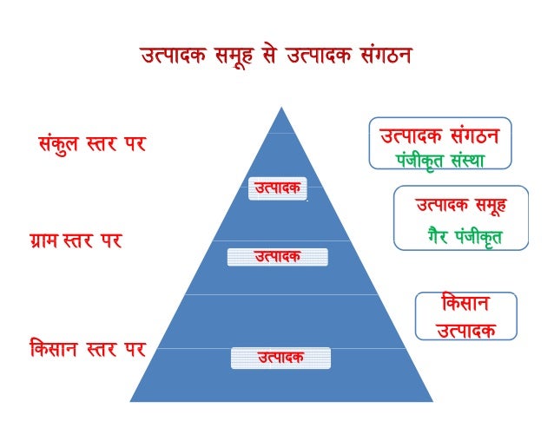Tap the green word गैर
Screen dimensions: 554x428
(441, 235)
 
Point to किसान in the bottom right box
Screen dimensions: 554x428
(465, 306)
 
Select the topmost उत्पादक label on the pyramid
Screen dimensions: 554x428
(276, 188)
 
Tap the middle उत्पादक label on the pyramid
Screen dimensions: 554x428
(277, 256)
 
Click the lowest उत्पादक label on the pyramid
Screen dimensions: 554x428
(280, 357)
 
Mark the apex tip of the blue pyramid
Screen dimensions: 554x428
(280, 109)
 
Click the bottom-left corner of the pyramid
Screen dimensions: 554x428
(131, 401)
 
